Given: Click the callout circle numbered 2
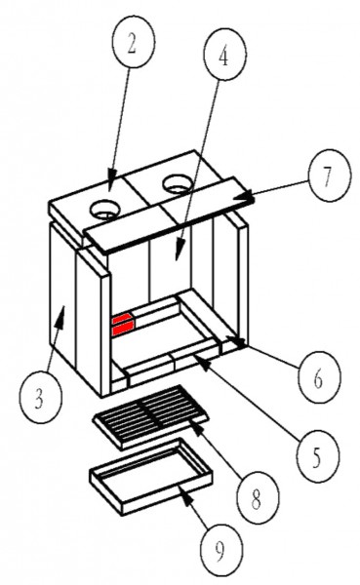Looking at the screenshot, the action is [x=134, y=42].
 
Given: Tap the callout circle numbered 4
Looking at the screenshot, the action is [x=224, y=54].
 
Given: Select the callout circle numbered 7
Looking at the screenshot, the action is [x=330, y=175].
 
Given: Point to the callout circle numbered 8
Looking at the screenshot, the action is [x=259, y=497].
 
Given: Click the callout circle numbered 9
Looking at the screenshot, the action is [x=221, y=549].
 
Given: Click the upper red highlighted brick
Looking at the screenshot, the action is [x=123, y=319].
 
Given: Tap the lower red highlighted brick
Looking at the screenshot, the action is [x=123, y=330].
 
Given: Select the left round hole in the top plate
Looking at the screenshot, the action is [x=105, y=209].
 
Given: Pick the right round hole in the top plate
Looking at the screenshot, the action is [x=178, y=184].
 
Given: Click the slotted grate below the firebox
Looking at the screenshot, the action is [x=150, y=416].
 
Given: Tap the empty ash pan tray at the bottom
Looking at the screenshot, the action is [x=151, y=476].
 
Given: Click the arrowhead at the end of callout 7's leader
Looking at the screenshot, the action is [x=248, y=198].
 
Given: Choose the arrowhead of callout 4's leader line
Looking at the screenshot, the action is [x=180, y=253].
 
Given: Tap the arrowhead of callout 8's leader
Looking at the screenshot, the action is [x=199, y=428].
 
